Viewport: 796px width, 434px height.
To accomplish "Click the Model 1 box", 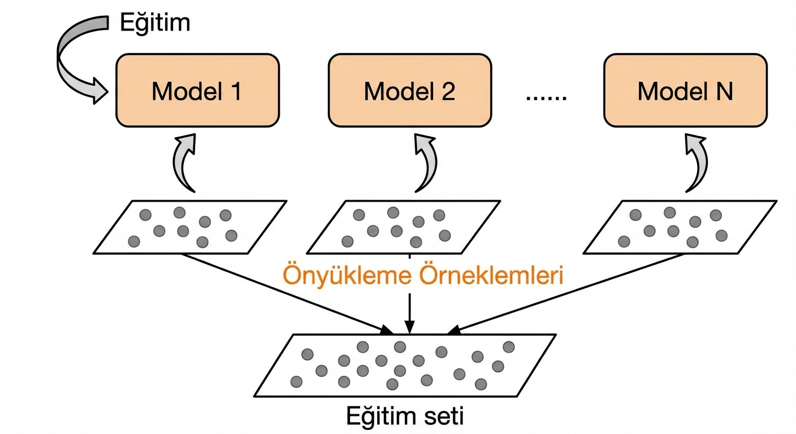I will pos(197,90).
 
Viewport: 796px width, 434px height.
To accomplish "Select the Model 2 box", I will pos(410,90).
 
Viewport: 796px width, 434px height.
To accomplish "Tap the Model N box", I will pos(685,90).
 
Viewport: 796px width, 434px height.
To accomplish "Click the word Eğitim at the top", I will pos(155,23).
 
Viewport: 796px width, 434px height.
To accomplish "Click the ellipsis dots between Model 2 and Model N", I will pos(546,97).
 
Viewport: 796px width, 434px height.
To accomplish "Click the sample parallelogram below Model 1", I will pos(190,227).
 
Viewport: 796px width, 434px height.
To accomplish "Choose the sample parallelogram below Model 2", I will pos(403,227).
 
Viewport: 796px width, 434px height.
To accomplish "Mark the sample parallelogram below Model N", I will pos(680,227).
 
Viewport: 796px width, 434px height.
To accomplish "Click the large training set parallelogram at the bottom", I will pos(404,364).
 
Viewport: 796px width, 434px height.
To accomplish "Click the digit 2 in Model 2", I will pos(449,91).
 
